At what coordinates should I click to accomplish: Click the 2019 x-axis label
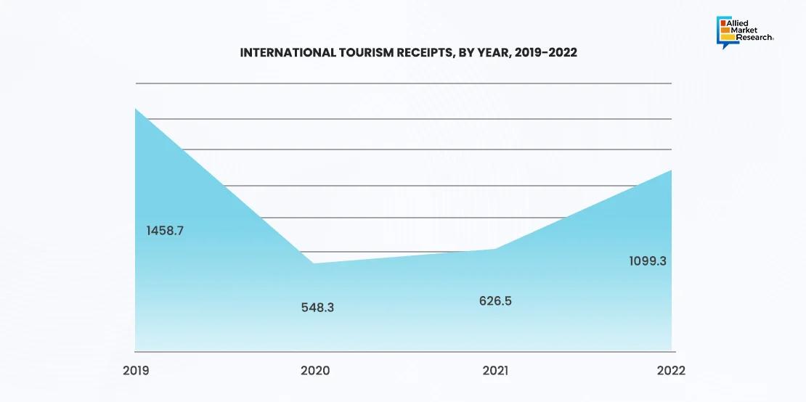click(x=136, y=371)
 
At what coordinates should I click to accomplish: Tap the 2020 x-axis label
click(x=315, y=371)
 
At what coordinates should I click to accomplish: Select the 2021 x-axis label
click(x=495, y=371)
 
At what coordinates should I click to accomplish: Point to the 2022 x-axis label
click(x=671, y=371)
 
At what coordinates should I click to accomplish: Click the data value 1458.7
click(x=165, y=231)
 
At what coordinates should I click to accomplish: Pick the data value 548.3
click(x=317, y=307)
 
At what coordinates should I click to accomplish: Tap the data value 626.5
click(x=495, y=300)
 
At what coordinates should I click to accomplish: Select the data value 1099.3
click(x=648, y=261)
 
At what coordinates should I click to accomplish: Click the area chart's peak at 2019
click(x=136, y=109)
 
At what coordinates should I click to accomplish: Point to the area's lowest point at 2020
click(x=313, y=263)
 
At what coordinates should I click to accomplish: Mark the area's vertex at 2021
click(x=495, y=249)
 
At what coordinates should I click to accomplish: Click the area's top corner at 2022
click(x=671, y=171)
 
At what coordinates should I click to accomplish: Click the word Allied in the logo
click(x=739, y=23)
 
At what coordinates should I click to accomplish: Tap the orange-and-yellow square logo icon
click(x=724, y=30)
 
